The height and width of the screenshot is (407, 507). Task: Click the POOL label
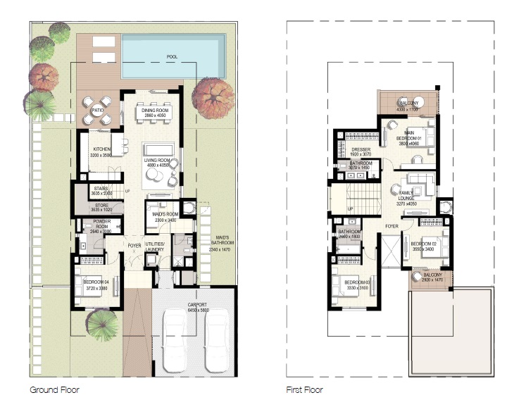[172, 56]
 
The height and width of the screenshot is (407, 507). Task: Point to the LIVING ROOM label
[157, 162]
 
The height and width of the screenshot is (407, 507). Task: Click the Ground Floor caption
[54, 389]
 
